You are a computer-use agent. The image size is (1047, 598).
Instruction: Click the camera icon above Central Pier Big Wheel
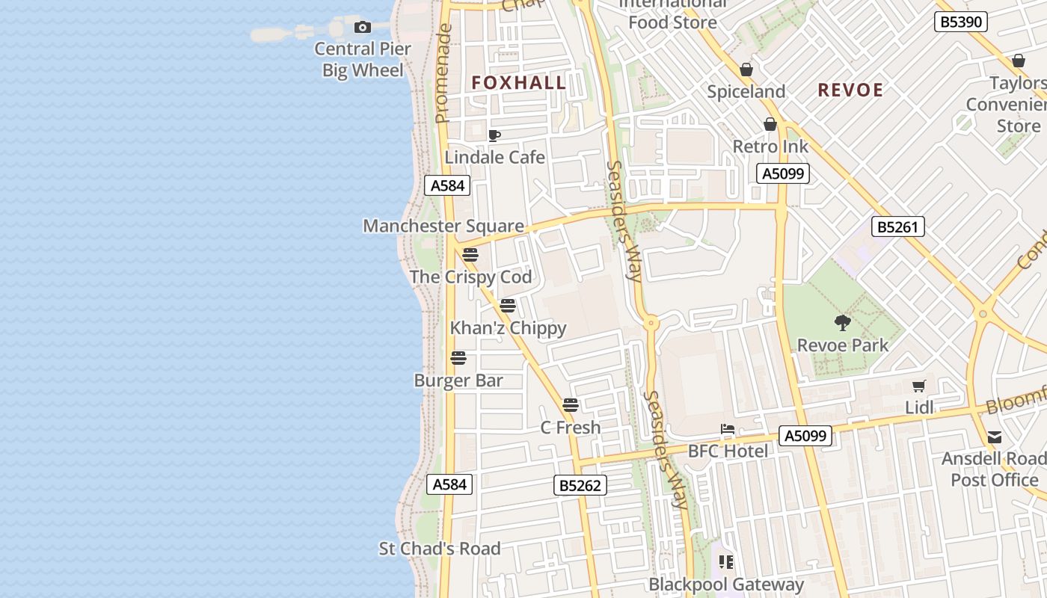[363, 28]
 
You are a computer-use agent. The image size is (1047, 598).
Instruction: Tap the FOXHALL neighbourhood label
[519, 83]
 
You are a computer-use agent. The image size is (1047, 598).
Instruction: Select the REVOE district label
[850, 90]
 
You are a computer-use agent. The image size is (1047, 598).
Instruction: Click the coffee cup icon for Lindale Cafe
[494, 135]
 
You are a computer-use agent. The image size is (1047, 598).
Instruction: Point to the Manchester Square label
[443, 226]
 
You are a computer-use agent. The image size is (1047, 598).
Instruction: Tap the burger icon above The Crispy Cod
[470, 255]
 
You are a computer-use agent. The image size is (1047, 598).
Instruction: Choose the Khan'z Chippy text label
[508, 328]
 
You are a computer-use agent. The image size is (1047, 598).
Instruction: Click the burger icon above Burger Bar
[458, 358]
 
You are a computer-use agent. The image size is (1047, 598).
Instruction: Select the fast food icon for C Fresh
[571, 405]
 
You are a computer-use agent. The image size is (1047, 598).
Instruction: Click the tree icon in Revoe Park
[843, 323]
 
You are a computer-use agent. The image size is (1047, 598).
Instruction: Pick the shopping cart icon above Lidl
[919, 386]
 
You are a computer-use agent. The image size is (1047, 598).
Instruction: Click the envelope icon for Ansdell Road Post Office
[995, 437]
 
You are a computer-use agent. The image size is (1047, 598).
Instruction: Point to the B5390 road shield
[961, 22]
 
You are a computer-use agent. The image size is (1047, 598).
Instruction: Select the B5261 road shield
[898, 226]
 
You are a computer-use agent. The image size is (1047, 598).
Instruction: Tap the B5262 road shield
[580, 485]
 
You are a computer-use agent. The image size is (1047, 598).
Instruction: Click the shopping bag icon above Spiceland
[746, 70]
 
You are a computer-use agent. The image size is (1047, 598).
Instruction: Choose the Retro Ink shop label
[770, 147]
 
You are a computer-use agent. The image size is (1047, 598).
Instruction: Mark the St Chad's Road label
[440, 549]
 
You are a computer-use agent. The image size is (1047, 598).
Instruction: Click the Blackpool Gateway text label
[726, 585]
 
